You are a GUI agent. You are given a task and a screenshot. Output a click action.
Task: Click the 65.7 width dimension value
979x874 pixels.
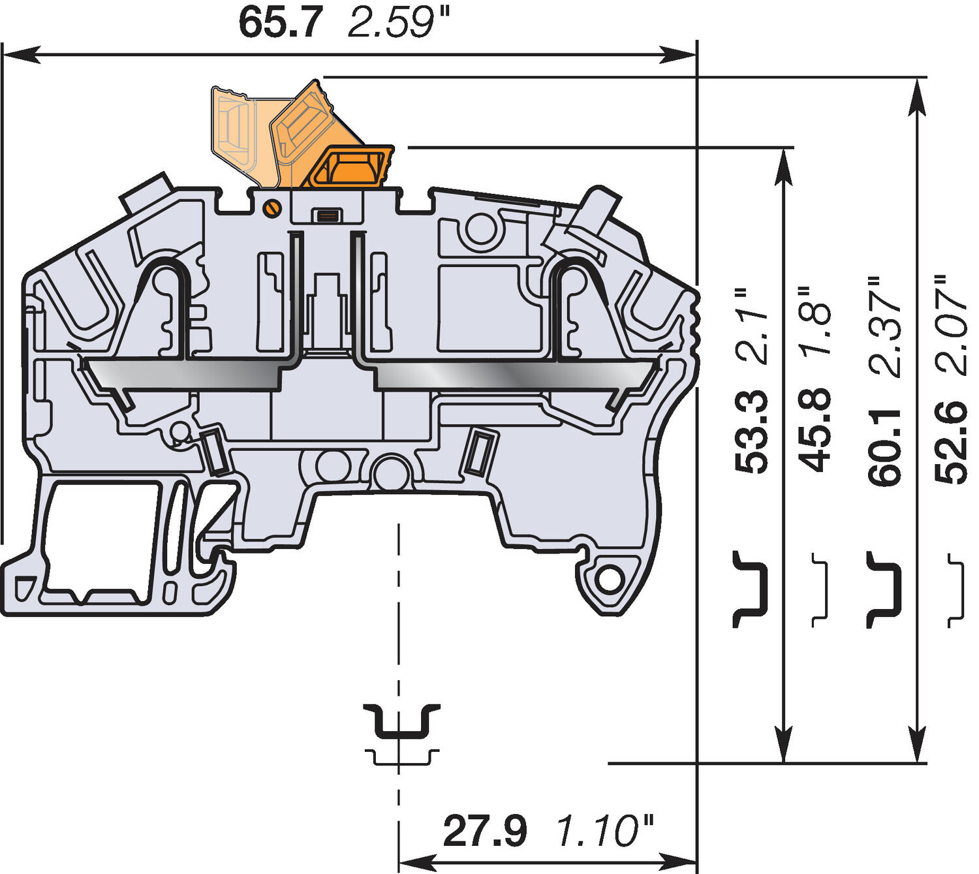click(x=280, y=23)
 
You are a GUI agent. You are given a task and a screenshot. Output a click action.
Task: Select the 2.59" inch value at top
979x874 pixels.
click(x=399, y=23)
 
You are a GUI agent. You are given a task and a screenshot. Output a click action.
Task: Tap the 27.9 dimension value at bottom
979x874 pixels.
click(x=484, y=831)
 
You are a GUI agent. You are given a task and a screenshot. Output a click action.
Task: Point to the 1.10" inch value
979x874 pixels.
click(x=604, y=831)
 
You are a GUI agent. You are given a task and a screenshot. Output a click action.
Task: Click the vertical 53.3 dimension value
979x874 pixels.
click(x=751, y=431)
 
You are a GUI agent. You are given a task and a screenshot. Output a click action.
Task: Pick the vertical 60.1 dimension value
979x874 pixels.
click(x=885, y=447)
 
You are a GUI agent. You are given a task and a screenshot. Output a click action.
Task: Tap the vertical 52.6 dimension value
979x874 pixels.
click(x=950, y=443)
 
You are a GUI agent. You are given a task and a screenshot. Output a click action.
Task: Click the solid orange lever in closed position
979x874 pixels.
click(x=351, y=167)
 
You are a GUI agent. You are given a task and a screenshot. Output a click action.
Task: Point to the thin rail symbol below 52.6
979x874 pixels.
click(x=956, y=590)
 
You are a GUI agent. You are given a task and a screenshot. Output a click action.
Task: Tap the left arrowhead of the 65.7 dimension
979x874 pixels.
click(x=23, y=55)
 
